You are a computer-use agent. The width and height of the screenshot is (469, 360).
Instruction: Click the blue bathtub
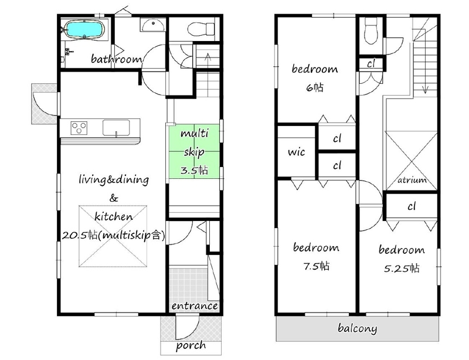pos(84,30)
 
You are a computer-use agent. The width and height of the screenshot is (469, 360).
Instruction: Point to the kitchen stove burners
pos(79,128)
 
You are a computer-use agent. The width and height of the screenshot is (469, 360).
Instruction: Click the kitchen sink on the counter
pos(116,128)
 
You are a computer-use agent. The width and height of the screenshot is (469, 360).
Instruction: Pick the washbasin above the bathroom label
pos(152,25)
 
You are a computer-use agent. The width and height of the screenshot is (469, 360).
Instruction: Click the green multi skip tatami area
pos(194,152)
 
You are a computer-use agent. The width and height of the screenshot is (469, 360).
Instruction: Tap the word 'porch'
pos(191,346)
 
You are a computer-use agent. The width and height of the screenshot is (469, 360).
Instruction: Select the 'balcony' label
pos(358,328)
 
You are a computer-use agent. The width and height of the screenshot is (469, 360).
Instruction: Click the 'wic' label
pos(297,152)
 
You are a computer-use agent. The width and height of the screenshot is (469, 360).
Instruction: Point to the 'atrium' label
pos(412,180)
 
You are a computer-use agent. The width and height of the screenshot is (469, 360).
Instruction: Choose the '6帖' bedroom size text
pos(315,88)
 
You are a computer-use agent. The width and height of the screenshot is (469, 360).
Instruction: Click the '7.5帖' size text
pos(317,266)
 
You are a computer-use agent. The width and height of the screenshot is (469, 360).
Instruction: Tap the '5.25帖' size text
pos(402,268)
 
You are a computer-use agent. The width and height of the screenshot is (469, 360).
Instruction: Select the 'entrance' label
pos(195,306)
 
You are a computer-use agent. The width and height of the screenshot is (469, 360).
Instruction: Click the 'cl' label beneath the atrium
pos(412,206)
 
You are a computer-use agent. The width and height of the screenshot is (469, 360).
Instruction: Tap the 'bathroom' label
pos(116,59)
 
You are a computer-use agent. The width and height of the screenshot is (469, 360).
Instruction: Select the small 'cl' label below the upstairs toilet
pos(371,64)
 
